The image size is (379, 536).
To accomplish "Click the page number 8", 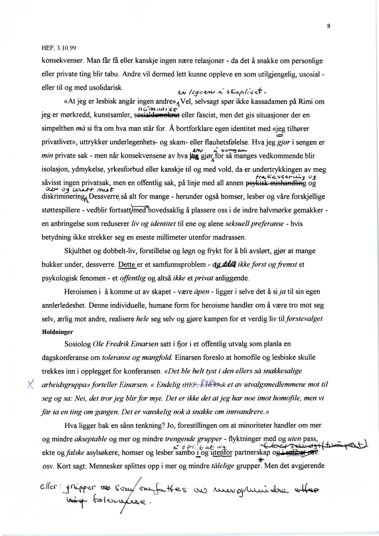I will pyautogui.click(x=328, y=26).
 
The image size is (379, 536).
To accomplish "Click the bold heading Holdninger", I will pyautogui.click(x=57, y=332).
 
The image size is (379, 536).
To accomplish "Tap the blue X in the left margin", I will pyautogui.click(x=31, y=385).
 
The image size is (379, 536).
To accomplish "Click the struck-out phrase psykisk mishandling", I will pyautogui.click(x=276, y=183).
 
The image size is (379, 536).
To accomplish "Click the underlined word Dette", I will pyautogui.click(x=127, y=265).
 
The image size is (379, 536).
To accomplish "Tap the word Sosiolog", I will pyautogui.click(x=77, y=344).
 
